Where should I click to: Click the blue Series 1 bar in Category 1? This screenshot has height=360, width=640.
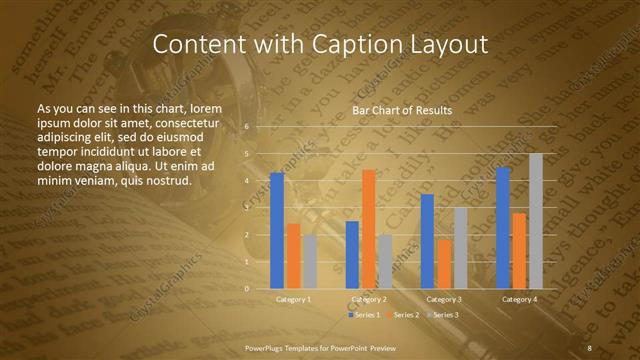tap(277, 230)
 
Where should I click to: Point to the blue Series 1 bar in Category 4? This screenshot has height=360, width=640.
tap(503, 227)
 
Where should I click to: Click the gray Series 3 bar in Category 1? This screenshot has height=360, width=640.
tap(309, 261)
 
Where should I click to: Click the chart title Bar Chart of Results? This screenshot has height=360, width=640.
tap(402, 109)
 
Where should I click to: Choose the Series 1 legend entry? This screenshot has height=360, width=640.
tap(363, 315)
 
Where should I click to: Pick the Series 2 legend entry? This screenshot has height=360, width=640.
tap(402, 315)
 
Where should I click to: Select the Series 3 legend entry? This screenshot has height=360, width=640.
tap(442, 315)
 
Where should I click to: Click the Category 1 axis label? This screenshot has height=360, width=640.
tap(293, 299)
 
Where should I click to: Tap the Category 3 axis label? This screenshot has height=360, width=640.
tap(443, 299)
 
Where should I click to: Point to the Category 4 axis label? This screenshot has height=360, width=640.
tap(519, 299)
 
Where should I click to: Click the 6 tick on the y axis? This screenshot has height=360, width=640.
tap(246, 127)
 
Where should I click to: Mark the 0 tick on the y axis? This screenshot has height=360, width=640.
tap(246, 288)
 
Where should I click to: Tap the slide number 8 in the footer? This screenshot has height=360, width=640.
tap(589, 347)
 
